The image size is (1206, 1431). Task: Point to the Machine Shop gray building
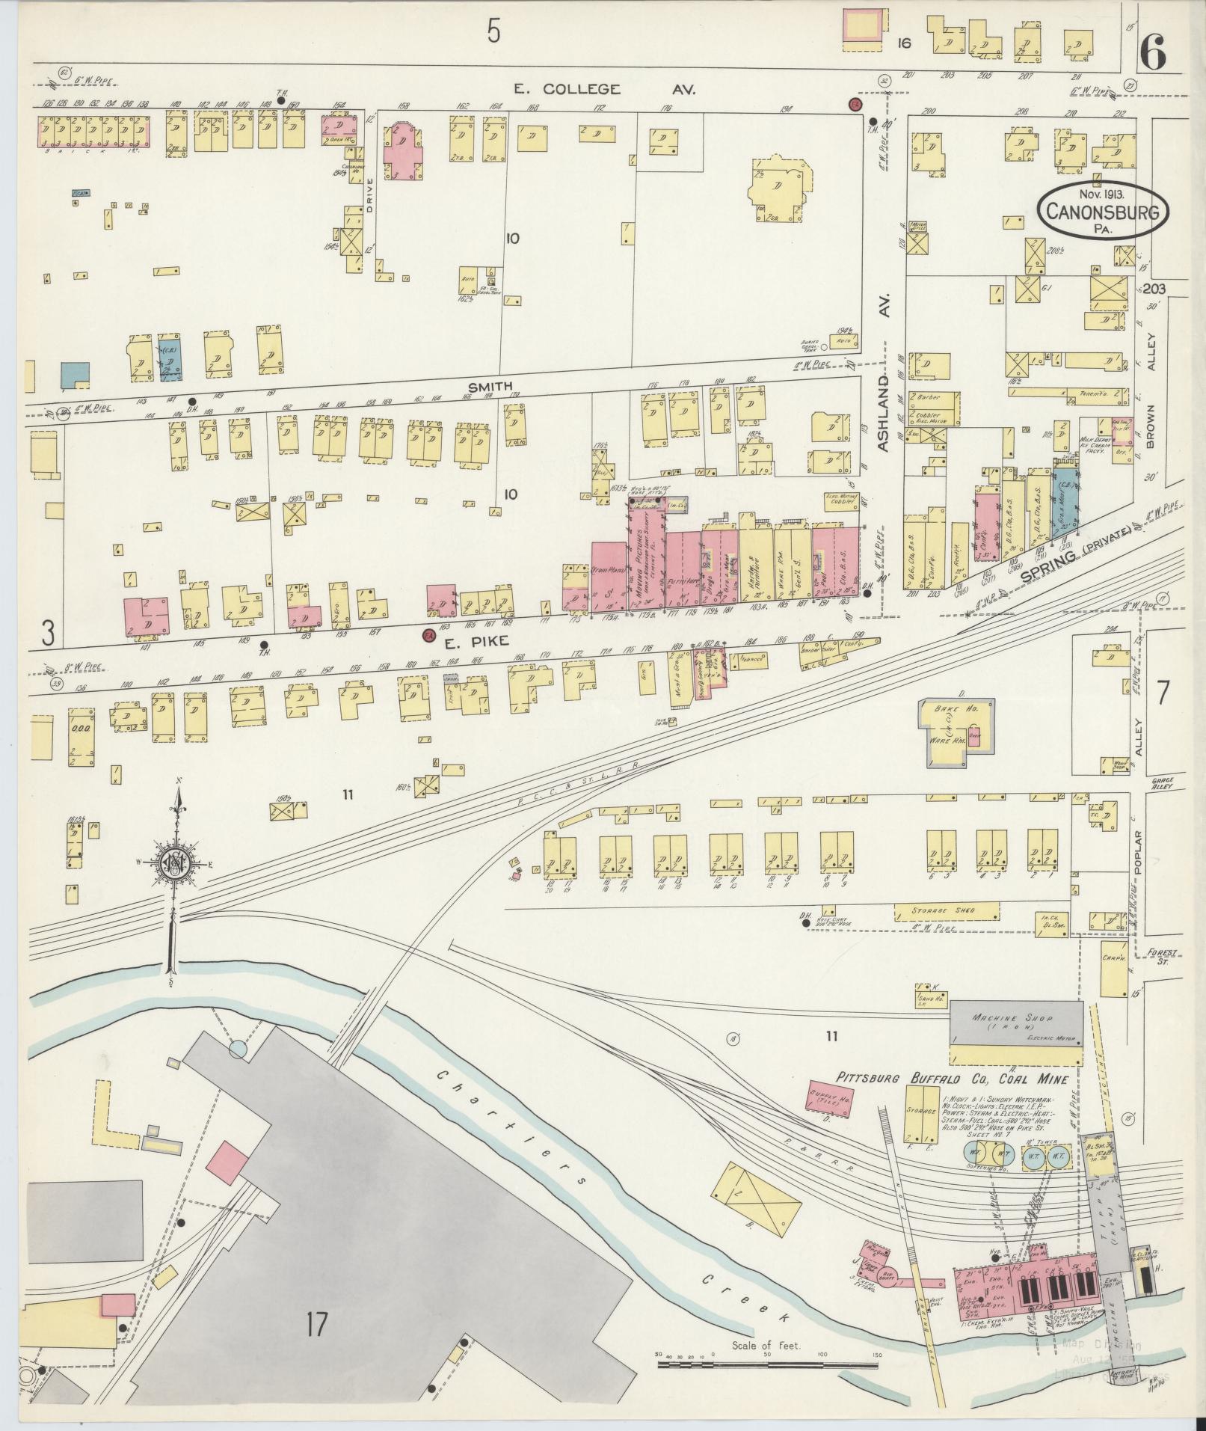(x=1015, y=1024)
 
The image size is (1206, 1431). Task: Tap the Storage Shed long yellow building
(x=946, y=911)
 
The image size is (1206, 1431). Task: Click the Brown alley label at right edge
(x=1151, y=427)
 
